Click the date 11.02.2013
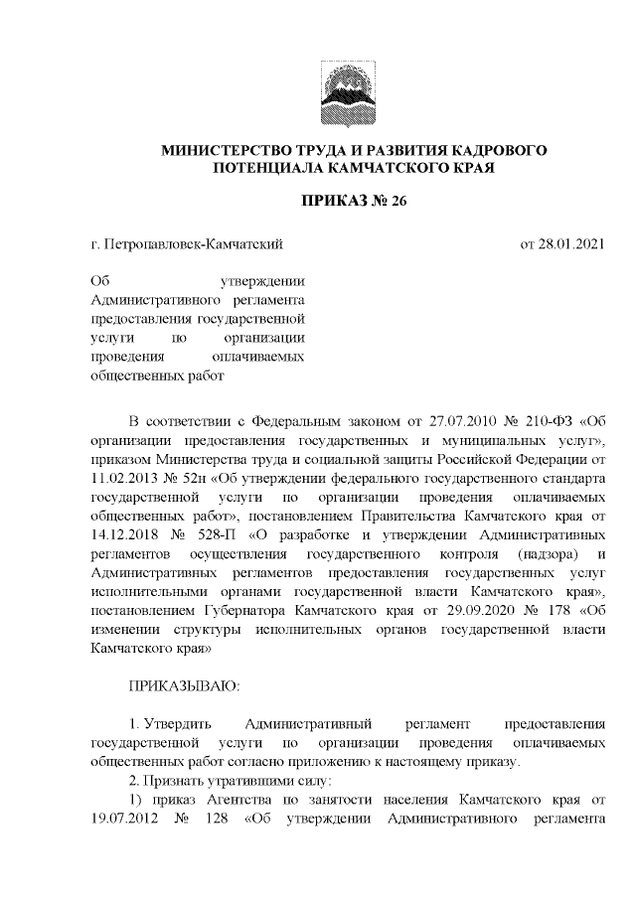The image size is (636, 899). (122, 476)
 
